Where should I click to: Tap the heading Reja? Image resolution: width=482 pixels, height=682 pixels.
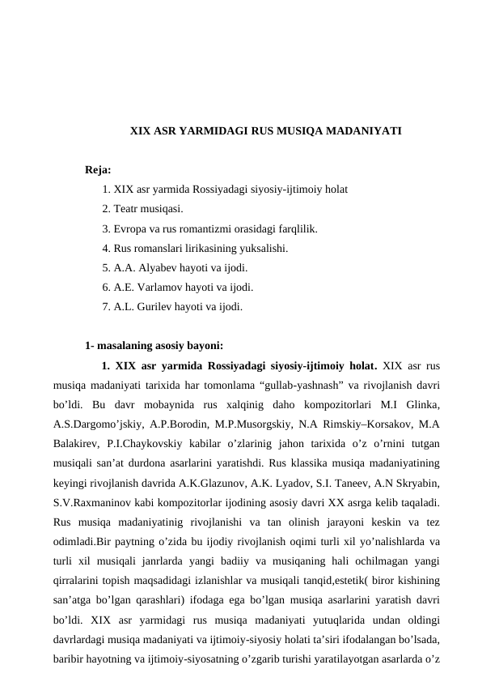pyautogui.click(x=98, y=171)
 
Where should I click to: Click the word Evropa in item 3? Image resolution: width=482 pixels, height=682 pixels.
pyautogui.click(x=130, y=229)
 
